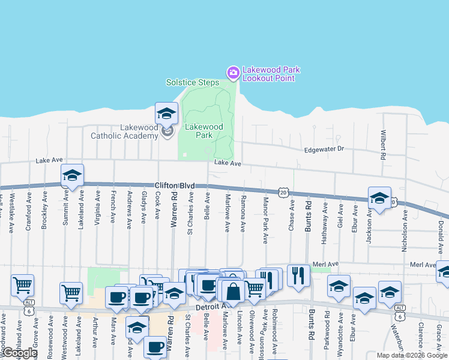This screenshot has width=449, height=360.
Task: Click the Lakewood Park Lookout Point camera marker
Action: (233, 73)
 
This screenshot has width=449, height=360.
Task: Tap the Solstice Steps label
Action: (193, 82)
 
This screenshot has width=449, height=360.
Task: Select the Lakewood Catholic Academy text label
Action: (124, 131)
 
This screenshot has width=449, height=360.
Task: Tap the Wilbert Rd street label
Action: (382, 146)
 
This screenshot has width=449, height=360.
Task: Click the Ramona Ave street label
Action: (243, 214)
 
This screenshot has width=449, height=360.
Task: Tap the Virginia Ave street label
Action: (97, 207)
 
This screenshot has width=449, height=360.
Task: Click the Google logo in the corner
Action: (19, 353)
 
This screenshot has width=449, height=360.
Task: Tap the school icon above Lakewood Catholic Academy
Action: (166, 113)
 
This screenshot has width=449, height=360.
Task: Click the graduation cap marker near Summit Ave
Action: (72, 175)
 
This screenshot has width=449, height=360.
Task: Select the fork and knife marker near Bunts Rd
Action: (298, 275)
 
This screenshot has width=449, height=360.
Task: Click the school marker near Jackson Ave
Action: (379, 198)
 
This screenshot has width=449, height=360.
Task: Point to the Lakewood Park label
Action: (203, 131)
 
